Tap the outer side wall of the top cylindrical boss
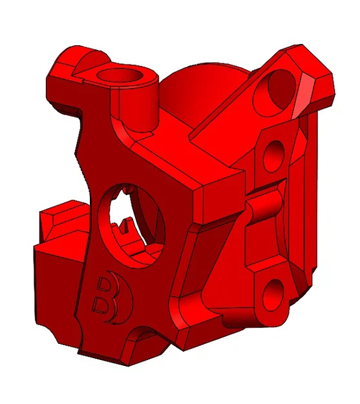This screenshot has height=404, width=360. coord(147,103)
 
